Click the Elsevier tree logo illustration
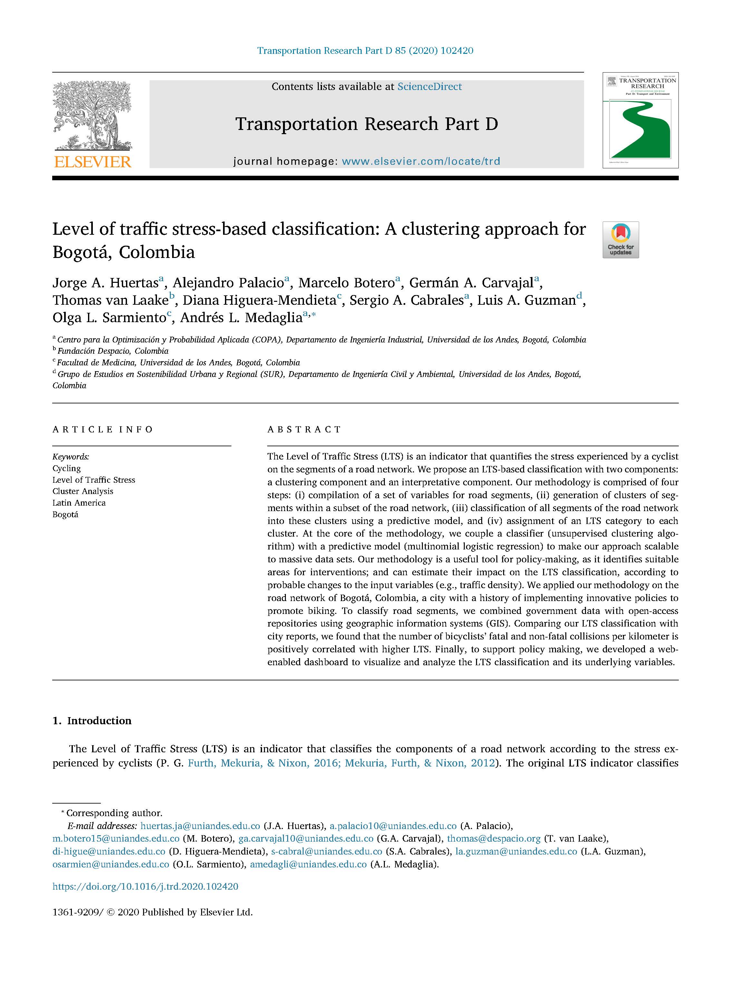tap(92, 116)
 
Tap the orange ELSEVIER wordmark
tap(93, 162)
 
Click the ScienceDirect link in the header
tap(429, 87)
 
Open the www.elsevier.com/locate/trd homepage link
tap(421, 162)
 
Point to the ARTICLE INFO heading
tap(103, 429)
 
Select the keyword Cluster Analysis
tap(83, 491)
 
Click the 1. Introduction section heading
tap(92, 720)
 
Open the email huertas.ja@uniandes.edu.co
tap(200, 826)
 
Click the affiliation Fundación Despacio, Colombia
tap(113, 351)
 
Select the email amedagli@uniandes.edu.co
tap(308, 865)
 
